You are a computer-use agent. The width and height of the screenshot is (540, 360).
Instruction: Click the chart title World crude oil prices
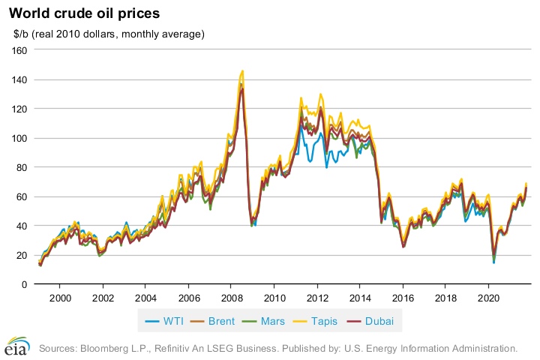point(84,13)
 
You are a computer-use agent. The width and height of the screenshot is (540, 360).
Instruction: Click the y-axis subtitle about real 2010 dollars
point(109,34)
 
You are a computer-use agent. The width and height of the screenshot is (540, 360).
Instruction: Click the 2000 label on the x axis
point(59,296)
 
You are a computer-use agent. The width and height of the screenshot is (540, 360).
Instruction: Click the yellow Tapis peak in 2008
point(241,71)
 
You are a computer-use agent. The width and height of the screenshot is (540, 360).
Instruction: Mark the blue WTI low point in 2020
point(493,262)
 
